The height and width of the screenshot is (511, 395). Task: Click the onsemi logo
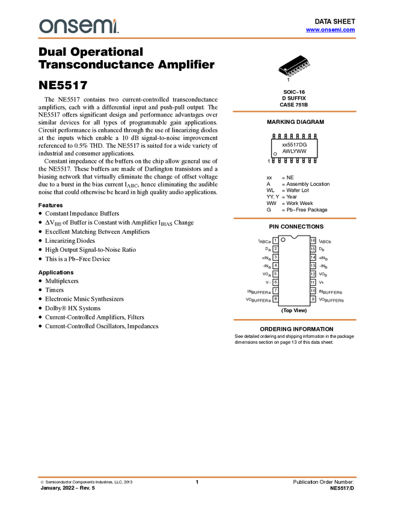79,26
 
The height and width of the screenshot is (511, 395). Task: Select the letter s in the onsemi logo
75,27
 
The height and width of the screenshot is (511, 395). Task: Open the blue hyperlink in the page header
330,31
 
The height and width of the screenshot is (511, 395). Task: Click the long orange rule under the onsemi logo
197,38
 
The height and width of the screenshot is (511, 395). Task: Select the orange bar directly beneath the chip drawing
294,111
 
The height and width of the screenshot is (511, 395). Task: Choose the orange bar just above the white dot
294,218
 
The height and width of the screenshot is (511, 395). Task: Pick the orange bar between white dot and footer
295,320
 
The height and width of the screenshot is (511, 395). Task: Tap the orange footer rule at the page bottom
197,477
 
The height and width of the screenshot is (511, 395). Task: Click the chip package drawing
295,68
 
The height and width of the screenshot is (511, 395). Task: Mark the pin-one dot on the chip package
286,69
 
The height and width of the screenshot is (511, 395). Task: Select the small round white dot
283,240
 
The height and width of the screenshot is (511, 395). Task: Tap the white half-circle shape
294,236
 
